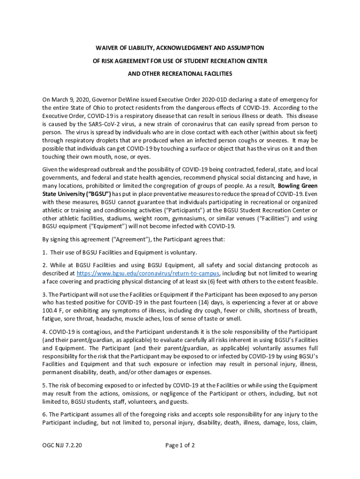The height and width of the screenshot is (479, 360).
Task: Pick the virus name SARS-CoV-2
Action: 106,124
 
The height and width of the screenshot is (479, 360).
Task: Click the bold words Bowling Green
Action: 296,186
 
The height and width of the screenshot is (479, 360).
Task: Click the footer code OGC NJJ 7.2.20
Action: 63,445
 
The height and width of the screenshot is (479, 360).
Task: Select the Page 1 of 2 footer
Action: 180,445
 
